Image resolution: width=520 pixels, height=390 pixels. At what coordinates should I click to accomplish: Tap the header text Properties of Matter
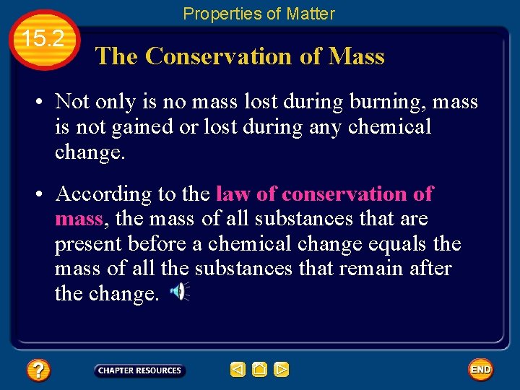click(259, 14)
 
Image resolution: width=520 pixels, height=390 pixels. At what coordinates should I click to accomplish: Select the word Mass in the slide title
click(356, 56)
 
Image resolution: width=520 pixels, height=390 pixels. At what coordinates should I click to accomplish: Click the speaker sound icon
click(180, 292)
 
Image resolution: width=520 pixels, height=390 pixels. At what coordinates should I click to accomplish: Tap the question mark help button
click(38, 370)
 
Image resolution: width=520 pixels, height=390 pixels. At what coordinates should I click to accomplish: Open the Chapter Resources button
click(139, 370)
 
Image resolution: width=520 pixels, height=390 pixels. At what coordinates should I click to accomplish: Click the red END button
click(480, 370)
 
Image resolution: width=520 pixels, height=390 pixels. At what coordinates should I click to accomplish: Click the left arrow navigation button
click(238, 370)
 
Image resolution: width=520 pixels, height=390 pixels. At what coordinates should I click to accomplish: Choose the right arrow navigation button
click(282, 370)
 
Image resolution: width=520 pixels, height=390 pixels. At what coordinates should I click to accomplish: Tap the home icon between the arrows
click(260, 370)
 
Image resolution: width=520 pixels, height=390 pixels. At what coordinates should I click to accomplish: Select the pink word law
click(233, 194)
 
